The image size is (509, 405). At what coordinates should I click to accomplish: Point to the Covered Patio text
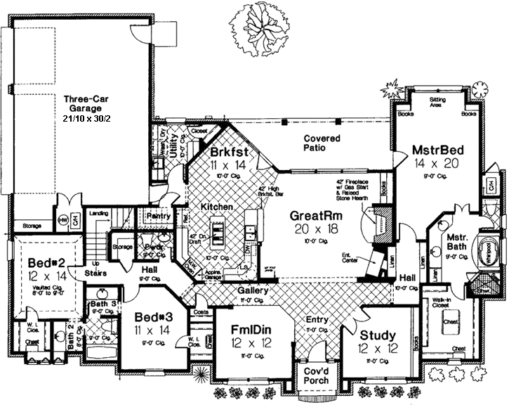pyautogui.click(x=322, y=143)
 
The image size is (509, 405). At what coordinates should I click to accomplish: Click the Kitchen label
pyautogui.click(x=217, y=207)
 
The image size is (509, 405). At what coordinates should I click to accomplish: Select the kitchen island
pyautogui.click(x=218, y=233)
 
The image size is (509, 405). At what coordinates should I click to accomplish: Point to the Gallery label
pyautogui.click(x=251, y=290)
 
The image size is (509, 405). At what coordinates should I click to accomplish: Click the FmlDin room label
pyautogui.click(x=252, y=328)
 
